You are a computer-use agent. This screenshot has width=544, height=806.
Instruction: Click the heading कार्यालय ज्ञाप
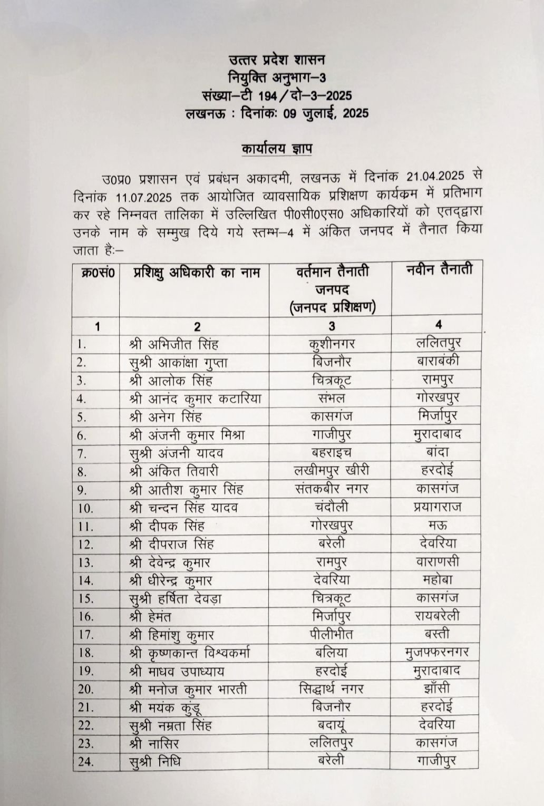tap(276, 149)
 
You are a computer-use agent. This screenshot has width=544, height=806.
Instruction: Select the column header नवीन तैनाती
tap(439, 270)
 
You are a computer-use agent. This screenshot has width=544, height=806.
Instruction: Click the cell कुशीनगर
tap(332, 344)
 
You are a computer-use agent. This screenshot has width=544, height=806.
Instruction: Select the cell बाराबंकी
tap(438, 361)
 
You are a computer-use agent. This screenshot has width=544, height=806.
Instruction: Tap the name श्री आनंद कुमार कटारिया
tap(195, 399)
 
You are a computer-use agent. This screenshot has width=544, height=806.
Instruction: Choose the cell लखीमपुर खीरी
tap(332, 470)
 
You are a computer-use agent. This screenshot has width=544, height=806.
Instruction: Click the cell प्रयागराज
tap(438, 507)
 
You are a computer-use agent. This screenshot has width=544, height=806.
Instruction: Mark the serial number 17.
tap(85, 635)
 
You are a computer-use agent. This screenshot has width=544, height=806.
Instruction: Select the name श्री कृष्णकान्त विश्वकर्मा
tap(189, 653)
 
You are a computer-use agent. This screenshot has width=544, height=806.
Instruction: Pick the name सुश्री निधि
tap(155, 761)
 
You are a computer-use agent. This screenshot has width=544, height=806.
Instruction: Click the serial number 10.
tap(85, 509)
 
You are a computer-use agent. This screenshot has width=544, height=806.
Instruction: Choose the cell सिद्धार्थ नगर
tap(331, 688)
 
